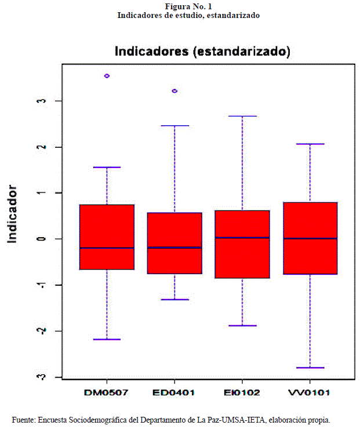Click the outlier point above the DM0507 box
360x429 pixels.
[107, 76]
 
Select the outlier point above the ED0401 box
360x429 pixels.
[174, 91]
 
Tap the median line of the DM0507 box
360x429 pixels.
[107, 248]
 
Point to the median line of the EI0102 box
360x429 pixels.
[242, 238]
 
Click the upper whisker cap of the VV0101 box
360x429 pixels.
[310, 144]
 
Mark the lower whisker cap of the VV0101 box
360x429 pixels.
[310, 368]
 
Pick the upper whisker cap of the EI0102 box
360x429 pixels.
[242, 116]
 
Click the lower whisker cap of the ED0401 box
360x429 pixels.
[174, 299]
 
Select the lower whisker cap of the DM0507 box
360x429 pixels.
[107, 339]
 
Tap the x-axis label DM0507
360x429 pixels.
[107, 393]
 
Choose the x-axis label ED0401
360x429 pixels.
[174, 393]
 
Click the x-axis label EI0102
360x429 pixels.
[242, 393]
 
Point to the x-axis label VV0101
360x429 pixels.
[310, 393]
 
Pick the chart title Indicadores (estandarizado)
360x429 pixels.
[202, 51]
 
